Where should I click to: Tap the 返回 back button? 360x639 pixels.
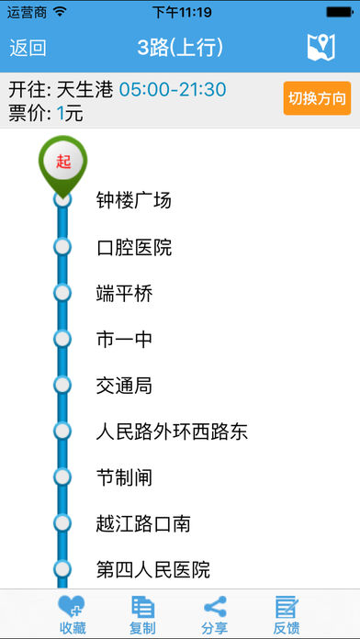(28, 48)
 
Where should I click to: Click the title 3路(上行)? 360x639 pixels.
(180, 48)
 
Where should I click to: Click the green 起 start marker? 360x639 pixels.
(62, 163)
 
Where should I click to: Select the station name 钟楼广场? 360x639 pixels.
(134, 200)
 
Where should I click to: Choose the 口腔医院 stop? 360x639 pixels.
(134, 247)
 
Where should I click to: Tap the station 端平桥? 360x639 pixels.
(124, 294)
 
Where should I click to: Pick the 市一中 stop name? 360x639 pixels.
(124, 340)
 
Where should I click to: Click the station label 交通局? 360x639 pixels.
(124, 386)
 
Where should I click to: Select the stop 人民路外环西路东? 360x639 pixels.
(172, 432)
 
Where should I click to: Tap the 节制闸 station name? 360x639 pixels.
(124, 477)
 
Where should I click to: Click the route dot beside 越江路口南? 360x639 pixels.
(62, 522)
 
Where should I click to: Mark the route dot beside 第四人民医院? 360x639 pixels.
(62, 568)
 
